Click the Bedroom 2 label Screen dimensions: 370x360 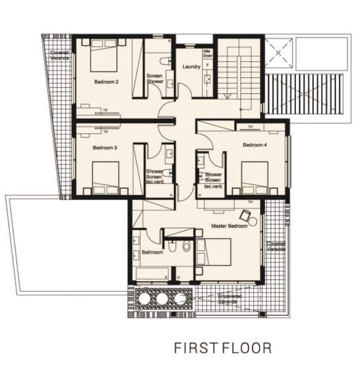106,82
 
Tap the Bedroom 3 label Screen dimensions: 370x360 104,148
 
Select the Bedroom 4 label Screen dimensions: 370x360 255,145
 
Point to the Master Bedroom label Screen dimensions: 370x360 229,226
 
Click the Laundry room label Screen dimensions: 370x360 191,67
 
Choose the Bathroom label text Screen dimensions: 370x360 152,252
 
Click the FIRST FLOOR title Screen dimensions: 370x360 223,348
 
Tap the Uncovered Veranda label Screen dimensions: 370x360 229,298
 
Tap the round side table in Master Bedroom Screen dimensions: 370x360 253,221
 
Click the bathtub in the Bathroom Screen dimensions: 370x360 152,274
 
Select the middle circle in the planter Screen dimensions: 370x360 162,298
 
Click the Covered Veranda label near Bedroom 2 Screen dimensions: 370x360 60,55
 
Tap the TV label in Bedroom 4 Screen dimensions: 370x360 250,127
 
